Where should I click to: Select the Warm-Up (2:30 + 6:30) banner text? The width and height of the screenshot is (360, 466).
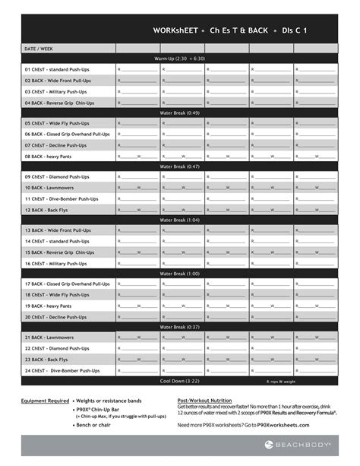[x=180, y=58]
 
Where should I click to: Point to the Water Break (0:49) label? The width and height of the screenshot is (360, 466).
[x=180, y=113]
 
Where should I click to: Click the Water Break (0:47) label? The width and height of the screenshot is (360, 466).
[x=180, y=166]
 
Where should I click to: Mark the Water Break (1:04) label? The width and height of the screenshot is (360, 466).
[x=180, y=220]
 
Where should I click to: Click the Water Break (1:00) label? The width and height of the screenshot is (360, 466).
[x=180, y=273]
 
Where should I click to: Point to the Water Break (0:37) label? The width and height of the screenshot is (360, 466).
[x=180, y=327]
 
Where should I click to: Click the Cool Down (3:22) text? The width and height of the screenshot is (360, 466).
[x=180, y=380]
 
